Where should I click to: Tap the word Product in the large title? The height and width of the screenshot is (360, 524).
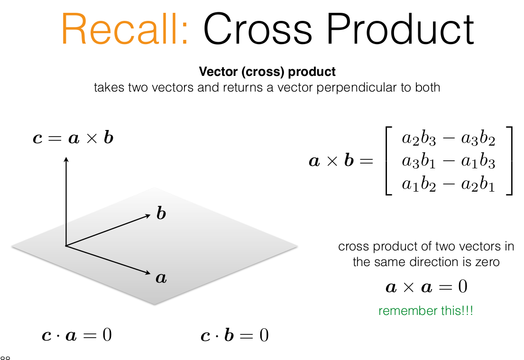tap(400, 28)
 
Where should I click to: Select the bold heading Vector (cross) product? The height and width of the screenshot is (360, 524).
tap(267, 72)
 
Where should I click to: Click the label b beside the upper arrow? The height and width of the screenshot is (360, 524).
tap(161, 213)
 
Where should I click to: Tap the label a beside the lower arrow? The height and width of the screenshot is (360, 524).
tap(161, 278)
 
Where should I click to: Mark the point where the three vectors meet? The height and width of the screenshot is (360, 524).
tap(66, 246)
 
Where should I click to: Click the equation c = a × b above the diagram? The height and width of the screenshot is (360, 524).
tap(73, 138)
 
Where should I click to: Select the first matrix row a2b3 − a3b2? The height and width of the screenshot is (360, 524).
tap(448, 138)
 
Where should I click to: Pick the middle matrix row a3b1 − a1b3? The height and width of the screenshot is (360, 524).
tap(448, 161)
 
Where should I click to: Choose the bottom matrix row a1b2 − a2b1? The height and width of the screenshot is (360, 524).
tap(448, 184)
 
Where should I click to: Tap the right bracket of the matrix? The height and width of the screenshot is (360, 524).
tap(511, 160)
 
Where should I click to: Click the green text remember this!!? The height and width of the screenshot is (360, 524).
tap(426, 311)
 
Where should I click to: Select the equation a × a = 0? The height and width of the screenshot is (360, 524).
tap(426, 287)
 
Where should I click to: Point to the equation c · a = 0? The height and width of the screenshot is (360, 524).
tap(77, 335)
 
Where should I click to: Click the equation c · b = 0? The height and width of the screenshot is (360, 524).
tap(235, 335)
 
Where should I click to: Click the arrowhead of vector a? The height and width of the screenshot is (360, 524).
tap(148, 273)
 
